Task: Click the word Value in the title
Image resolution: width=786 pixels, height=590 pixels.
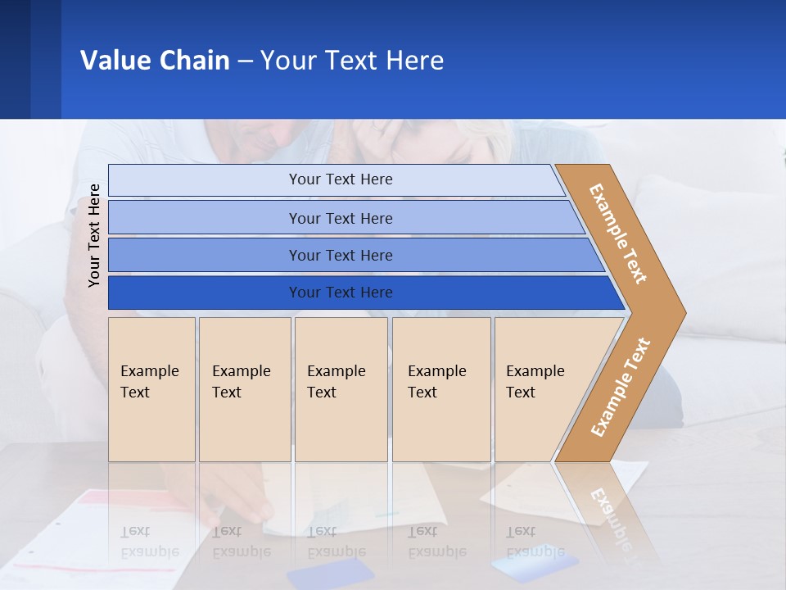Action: [x=115, y=60]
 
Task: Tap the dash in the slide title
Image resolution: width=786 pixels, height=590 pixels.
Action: [x=245, y=61]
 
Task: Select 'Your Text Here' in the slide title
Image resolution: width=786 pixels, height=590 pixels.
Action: [x=352, y=60]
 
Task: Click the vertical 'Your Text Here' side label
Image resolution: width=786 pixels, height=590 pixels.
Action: [x=94, y=236]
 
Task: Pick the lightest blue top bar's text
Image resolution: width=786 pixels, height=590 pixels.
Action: [x=341, y=179]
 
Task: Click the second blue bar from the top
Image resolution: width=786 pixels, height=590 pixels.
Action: [x=341, y=218]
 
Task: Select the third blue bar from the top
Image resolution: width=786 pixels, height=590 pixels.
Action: [x=341, y=255]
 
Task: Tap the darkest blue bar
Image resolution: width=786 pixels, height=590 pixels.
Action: [x=341, y=293]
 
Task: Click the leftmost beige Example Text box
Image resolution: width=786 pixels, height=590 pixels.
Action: [x=151, y=389]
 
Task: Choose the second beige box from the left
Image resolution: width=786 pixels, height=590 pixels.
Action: [x=245, y=389]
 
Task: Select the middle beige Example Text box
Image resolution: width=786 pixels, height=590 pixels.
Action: [x=341, y=389]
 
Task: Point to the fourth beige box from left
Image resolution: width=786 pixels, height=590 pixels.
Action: [x=441, y=389]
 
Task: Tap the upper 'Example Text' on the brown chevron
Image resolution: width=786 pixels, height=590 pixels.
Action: [x=618, y=234]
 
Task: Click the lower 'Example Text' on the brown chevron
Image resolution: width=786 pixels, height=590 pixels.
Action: [x=621, y=387]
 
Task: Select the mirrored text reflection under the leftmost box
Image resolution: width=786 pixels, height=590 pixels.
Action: [x=150, y=541]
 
